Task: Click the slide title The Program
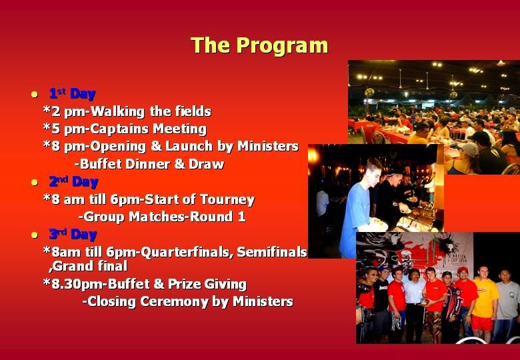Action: click(x=259, y=45)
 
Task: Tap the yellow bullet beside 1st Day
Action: click(x=35, y=94)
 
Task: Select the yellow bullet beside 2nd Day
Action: click(x=35, y=182)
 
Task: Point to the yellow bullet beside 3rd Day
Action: click(x=35, y=235)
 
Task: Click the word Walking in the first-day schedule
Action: click(x=118, y=111)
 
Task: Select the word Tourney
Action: click(x=227, y=199)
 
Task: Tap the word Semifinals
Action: click(x=272, y=252)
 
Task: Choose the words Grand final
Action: click(x=90, y=266)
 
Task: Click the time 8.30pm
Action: click(x=78, y=285)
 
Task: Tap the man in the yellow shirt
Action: click(x=485, y=303)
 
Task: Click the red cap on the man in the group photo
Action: click(x=463, y=270)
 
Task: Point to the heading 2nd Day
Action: click(x=73, y=182)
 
